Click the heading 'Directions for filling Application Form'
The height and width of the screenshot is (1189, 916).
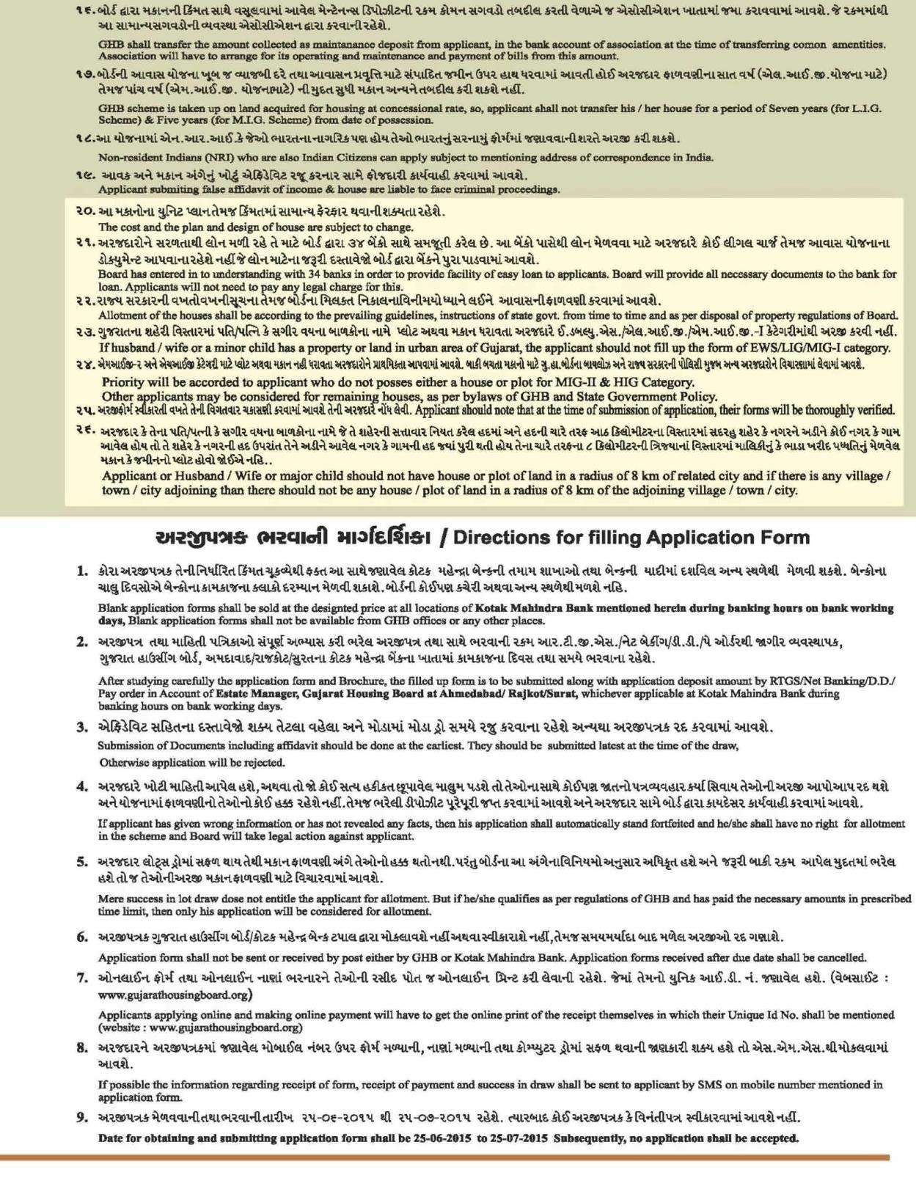click(x=631, y=538)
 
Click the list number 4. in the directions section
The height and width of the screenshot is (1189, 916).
click(x=83, y=786)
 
